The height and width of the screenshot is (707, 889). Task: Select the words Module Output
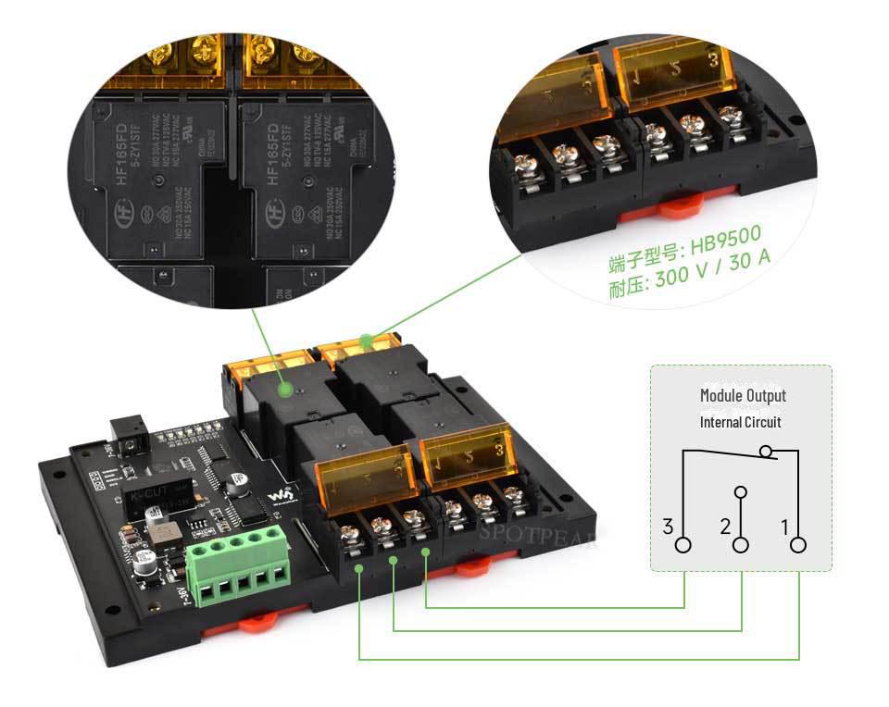click(x=743, y=395)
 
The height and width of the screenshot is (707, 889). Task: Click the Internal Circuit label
click(x=740, y=422)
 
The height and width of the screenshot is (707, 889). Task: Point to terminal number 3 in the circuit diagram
click(x=668, y=527)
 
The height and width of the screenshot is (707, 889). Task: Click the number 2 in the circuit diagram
click(x=725, y=527)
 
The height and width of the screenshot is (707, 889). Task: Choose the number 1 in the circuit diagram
click(x=784, y=527)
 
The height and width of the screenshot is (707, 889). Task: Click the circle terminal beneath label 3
click(x=683, y=545)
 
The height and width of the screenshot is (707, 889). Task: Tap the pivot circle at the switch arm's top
click(x=765, y=452)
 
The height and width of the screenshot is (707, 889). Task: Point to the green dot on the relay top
click(x=286, y=391)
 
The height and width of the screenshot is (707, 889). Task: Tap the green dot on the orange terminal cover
click(x=368, y=341)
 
